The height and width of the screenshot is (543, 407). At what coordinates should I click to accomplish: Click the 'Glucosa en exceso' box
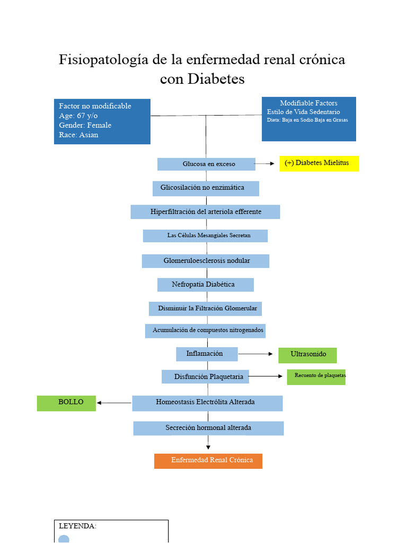pyautogui.click(x=206, y=164)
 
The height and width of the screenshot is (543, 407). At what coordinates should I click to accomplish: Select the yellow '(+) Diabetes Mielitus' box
pyautogui.click(x=319, y=163)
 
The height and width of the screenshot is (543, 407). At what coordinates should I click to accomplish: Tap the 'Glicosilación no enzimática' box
pyautogui.click(x=206, y=188)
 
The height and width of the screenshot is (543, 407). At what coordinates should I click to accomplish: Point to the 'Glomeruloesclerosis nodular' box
pyautogui.click(x=206, y=261)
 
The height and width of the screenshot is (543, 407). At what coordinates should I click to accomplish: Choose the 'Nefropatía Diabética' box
pyautogui.click(x=206, y=285)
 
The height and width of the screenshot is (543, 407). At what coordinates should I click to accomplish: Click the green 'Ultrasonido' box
pyautogui.click(x=307, y=355)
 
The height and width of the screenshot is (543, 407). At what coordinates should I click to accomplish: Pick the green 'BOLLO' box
pyautogui.click(x=66, y=404)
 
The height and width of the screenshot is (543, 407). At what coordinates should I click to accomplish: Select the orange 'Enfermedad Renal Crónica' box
pyautogui.click(x=208, y=461)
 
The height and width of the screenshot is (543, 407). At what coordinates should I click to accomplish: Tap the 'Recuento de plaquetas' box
pyautogui.click(x=316, y=377)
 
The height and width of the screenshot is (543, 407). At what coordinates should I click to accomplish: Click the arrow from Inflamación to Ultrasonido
pyautogui.click(x=255, y=354)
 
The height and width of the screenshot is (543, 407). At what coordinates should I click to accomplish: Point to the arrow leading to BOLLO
pyautogui.click(x=114, y=403)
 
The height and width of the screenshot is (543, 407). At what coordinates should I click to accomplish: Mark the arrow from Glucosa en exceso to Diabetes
pyautogui.click(x=264, y=163)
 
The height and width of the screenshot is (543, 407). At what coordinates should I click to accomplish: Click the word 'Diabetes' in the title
pyautogui.click(x=216, y=79)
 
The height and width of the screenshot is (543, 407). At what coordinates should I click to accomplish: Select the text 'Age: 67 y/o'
pyautogui.click(x=78, y=116)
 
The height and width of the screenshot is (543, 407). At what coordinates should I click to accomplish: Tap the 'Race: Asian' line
pyautogui.click(x=78, y=135)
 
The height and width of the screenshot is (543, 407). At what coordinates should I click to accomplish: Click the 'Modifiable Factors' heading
pyautogui.click(x=309, y=103)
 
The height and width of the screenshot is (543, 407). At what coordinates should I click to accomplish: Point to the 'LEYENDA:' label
pyautogui.click(x=77, y=526)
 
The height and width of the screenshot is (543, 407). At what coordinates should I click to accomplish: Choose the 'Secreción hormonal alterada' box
pyautogui.click(x=209, y=428)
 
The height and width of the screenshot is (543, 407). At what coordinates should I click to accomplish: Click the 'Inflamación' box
pyautogui.click(x=207, y=354)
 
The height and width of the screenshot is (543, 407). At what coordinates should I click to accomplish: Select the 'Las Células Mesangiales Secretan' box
pyautogui.click(x=205, y=236)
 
